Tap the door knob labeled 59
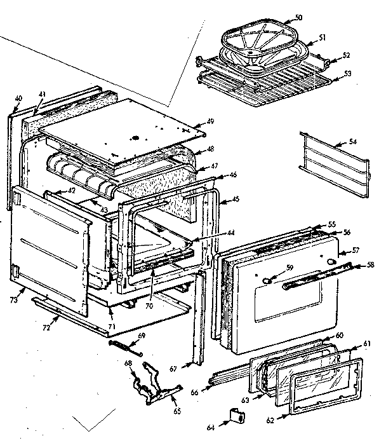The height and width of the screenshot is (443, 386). pyautogui.click(x=267, y=277)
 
